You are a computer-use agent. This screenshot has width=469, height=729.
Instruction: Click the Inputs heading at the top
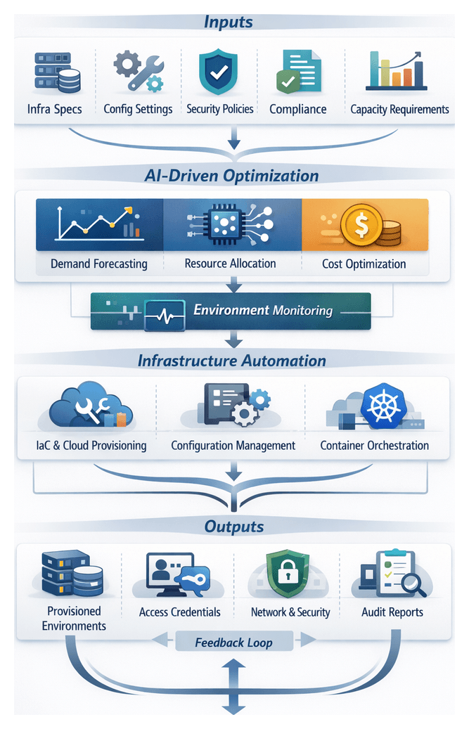229,22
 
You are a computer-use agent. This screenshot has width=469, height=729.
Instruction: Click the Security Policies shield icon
219,72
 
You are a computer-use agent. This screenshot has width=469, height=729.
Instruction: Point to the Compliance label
298,109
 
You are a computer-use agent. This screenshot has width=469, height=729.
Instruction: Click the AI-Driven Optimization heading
231,176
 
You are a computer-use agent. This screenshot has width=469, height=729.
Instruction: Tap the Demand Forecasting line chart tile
99,225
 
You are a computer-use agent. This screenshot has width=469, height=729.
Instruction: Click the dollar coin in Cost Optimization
361,224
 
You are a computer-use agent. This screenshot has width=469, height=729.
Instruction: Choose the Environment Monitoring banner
231,310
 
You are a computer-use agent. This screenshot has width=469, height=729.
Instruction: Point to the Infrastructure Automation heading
231,361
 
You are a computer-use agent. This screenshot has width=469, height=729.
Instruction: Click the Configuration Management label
233,446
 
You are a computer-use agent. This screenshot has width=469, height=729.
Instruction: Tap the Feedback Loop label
233,642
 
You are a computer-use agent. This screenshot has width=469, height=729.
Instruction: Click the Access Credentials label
179,612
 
